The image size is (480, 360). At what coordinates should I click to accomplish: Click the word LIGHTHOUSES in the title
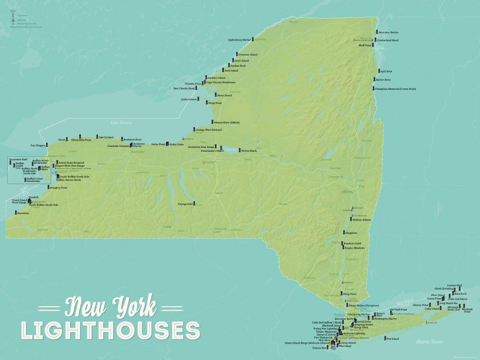click(110, 330)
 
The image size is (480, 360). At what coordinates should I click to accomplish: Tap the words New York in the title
click(110, 306)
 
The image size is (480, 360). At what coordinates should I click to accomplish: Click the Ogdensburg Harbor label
click(240, 40)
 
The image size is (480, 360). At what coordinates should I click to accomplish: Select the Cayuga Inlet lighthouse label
click(185, 204)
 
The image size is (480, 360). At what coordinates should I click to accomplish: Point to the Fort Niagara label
click(37, 145)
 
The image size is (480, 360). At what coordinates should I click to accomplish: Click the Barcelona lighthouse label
click(23, 213)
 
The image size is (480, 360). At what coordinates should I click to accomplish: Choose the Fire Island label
click(392, 339)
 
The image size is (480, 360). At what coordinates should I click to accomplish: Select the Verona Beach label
click(249, 151)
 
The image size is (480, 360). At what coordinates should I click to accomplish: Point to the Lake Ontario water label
click(121, 123)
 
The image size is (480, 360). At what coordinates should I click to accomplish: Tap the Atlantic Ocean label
click(430, 342)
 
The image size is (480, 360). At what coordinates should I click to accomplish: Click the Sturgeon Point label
click(58, 188)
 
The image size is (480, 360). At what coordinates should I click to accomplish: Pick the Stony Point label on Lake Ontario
click(215, 103)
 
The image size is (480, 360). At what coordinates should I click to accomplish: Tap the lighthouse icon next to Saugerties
click(343, 232)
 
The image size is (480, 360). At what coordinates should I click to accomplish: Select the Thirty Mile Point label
click(81, 140)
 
